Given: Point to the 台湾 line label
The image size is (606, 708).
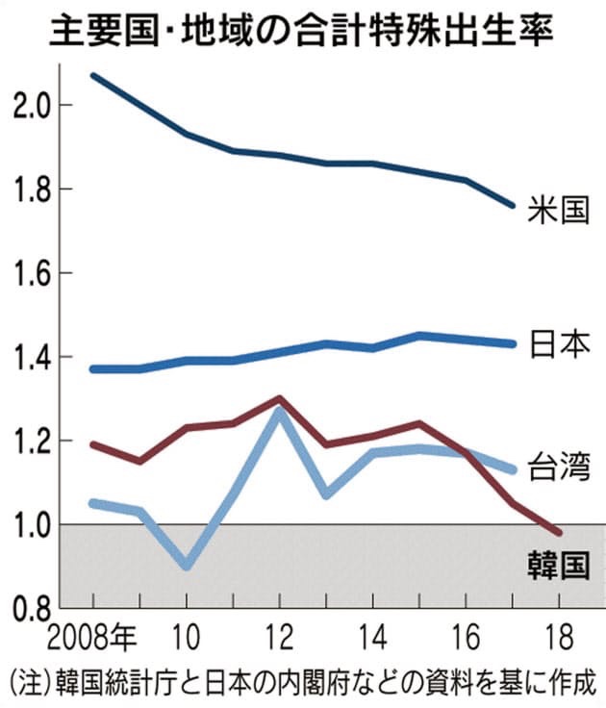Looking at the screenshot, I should pyautogui.click(x=558, y=467).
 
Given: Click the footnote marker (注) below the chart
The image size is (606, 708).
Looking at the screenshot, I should pyautogui.click(x=26, y=677).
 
